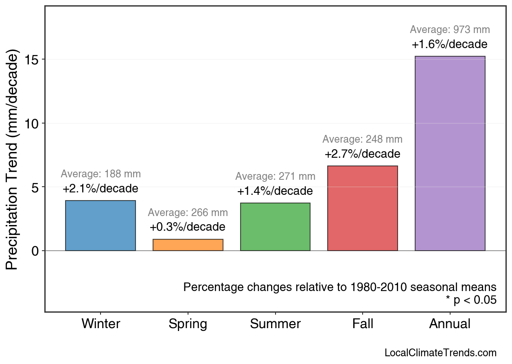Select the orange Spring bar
click(x=188, y=245)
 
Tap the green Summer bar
click(x=275, y=227)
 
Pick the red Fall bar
click(x=363, y=208)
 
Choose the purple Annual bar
click(x=450, y=153)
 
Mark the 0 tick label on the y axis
click(x=35, y=251)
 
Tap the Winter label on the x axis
click(x=101, y=324)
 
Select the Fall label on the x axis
click(x=363, y=324)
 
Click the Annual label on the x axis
click(x=450, y=324)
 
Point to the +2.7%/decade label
click(x=362, y=154)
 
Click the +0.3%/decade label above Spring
click(x=187, y=227)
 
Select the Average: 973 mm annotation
click(x=450, y=30)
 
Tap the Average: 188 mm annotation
click(x=101, y=174)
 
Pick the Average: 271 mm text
click(x=275, y=177)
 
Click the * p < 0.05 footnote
click(x=471, y=300)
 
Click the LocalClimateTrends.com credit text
click(x=440, y=353)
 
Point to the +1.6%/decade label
click(x=449, y=44)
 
